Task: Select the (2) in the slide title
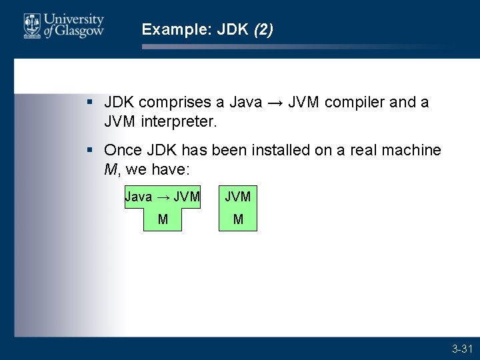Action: [x=263, y=29]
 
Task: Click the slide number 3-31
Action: [x=462, y=349]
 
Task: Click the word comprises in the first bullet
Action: [x=172, y=103]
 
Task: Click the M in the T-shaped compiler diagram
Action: [x=163, y=219]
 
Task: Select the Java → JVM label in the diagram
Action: [x=163, y=197]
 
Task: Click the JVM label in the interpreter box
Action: [x=238, y=197]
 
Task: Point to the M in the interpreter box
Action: [x=238, y=219]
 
